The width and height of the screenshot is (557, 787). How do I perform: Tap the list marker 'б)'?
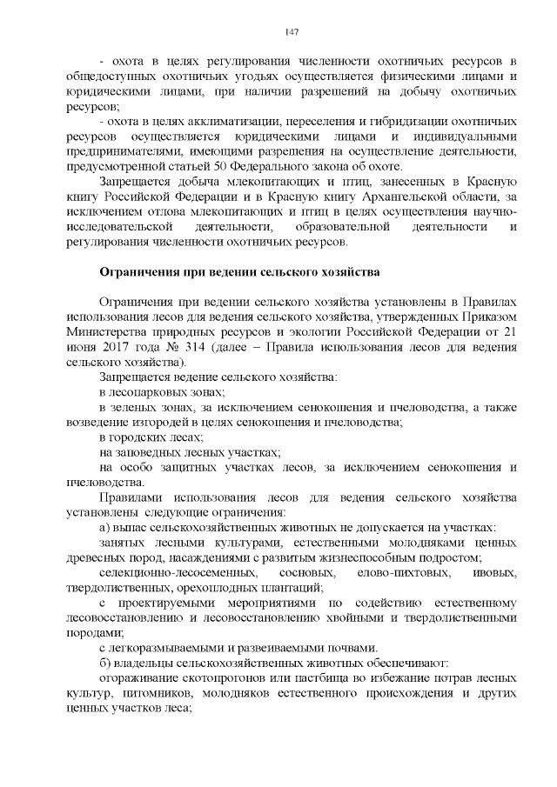105,663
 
